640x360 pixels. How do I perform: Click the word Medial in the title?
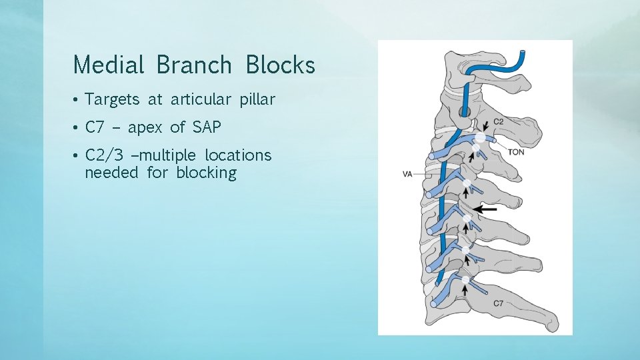[109, 65]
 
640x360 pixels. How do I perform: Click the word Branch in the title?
[194, 65]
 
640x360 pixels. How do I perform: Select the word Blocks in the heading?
[280, 65]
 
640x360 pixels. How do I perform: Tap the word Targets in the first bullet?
[113, 100]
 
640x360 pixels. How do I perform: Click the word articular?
[197, 100]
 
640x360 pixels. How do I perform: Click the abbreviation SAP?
[207, 127]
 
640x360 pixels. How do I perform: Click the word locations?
[238, 155]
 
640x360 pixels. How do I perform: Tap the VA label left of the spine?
[407, 175]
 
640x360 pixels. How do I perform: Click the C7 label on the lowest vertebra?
[498, 303]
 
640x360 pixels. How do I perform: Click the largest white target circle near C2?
[479, 138]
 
